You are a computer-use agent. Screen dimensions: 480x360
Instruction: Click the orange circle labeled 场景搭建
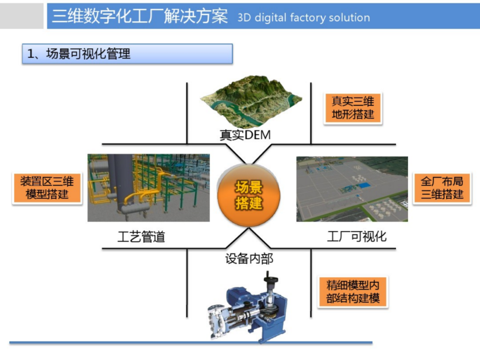coord(249,196)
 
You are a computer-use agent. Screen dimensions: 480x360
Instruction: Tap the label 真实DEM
coord(245,135)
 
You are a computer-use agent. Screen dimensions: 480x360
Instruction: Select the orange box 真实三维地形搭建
coord(353,108)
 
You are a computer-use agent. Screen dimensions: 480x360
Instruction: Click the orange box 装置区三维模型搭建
coord(47,188)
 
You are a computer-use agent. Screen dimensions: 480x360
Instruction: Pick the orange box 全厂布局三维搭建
coord(442,188)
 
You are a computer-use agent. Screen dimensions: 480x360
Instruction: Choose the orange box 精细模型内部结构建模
coord(353,292)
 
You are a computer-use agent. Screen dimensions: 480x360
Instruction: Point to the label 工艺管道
coord(141,236)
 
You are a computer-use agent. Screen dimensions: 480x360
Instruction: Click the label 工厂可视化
coord(356,236)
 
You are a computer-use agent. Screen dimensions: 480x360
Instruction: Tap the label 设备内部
coord(249,258)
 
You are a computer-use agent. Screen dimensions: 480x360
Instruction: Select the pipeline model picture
coord(148,188)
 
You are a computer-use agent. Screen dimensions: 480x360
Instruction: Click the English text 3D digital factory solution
coord(304,18)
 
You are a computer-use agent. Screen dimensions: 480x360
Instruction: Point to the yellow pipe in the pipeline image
coord(133,196)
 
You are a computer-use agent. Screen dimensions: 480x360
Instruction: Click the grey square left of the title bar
coord(22,16)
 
